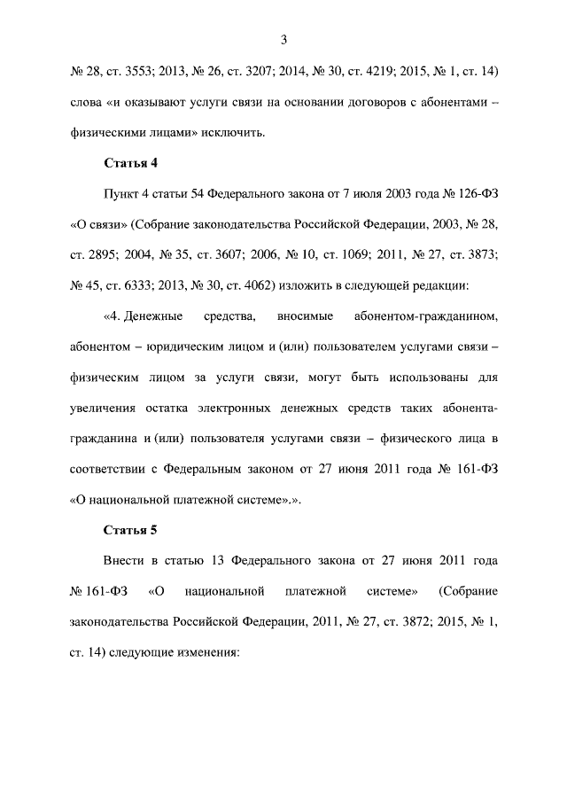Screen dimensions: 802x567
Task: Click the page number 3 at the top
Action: pyautogui.click(x=283, y=39)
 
